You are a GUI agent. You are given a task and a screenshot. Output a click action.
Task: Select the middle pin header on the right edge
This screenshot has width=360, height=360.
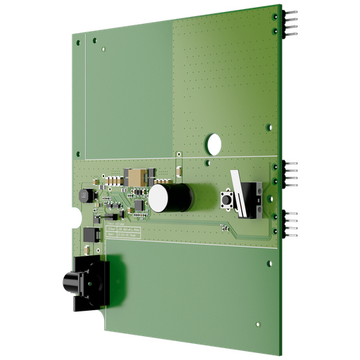(290, 170)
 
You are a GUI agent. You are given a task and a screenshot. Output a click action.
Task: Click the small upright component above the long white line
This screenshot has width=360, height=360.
(180, 169)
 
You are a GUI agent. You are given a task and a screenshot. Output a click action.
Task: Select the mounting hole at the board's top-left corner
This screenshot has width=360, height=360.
(77, 41)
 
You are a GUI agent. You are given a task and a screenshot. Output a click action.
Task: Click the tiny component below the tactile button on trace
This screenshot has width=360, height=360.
(224, 226)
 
